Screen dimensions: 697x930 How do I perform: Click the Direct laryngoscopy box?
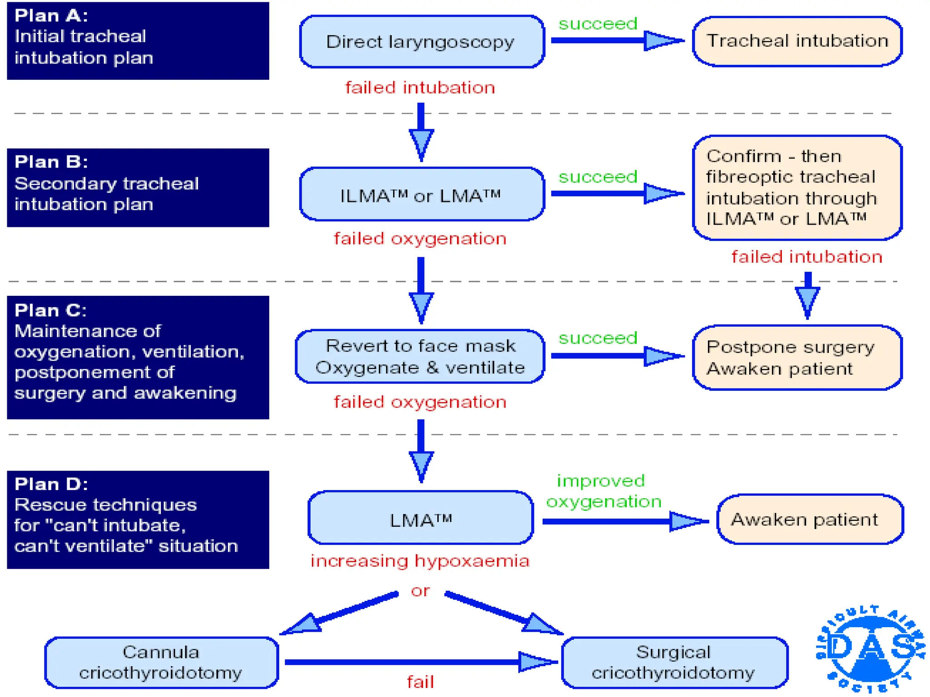point(421,42)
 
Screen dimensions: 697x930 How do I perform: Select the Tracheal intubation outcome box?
point(797,41)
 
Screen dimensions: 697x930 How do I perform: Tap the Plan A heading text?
point(51,16)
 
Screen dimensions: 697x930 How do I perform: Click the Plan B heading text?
point(51,162)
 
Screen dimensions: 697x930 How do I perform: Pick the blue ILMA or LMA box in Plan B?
point(421,195)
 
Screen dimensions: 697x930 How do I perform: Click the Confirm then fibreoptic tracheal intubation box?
point(797,187)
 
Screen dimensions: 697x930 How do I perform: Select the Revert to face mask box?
point(420,357)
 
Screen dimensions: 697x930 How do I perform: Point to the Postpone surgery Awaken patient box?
point(797,358)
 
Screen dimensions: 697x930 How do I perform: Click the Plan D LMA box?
point(420,519)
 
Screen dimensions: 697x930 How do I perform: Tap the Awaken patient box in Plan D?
point(810,520)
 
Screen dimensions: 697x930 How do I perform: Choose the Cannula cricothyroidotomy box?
point(161,663)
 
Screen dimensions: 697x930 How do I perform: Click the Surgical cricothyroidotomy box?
point(674,663)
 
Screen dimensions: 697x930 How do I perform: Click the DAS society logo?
point(870,649)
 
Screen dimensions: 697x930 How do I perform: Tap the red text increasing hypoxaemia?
point(420,561)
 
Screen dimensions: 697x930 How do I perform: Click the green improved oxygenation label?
point(603,491)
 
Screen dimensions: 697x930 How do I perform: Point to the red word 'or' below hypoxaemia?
point(420,591)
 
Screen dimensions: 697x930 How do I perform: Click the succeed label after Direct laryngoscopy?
point(598,24)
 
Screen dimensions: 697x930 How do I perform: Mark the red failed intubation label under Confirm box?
point(806,257)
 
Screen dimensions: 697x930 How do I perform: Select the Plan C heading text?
point(50,310)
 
